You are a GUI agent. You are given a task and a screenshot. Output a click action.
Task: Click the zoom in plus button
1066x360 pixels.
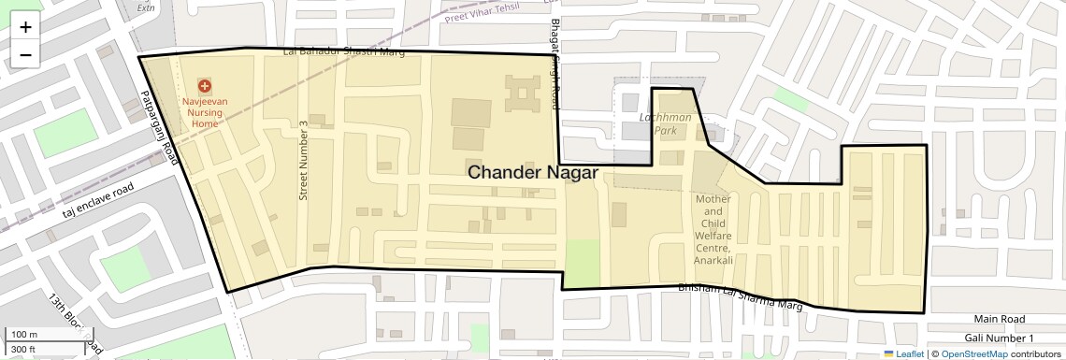click(25, 27)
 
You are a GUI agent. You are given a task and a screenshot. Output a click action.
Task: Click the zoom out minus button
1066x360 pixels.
click(25, 54)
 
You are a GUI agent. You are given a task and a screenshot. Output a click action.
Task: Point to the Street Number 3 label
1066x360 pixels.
click(303, 160)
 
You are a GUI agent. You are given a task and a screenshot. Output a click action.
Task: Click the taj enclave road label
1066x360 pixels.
click(98, 201)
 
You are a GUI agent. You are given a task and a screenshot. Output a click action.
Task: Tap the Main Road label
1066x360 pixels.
click(999, 319)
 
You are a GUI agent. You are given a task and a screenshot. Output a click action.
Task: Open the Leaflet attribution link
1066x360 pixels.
click(903, 353)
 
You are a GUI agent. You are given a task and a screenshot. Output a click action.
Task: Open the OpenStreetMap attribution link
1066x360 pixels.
click(973, 353)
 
